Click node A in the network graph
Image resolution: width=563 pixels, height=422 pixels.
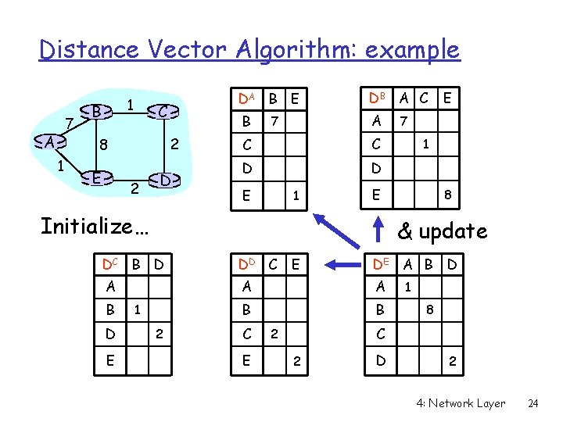pyautogui.click(x=50, y=143)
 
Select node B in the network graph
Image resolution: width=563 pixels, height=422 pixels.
pyautogui.click(x=95, y=112)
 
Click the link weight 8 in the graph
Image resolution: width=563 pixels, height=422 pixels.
pyautogui.click(x=103, y=145)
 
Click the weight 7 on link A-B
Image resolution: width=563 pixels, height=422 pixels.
pyautogui.click(x=69, y=123)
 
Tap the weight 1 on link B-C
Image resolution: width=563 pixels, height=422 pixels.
pyautogui.click(x=131, y=102)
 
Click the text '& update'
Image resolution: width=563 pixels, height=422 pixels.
pyautogui.click(x=442, y=231)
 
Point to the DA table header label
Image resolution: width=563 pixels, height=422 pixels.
pyautogui.click(x=246, y=98)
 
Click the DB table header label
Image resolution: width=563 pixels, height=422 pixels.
pyautogui.click(x=379, y=98)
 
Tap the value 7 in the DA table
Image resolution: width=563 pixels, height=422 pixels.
pyautogui.click(x=274, y=121)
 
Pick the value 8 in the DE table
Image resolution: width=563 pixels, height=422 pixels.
pyautogui.click(x=429, y=311)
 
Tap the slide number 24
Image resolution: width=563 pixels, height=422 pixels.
pyautogui.click(x=533, y=403)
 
